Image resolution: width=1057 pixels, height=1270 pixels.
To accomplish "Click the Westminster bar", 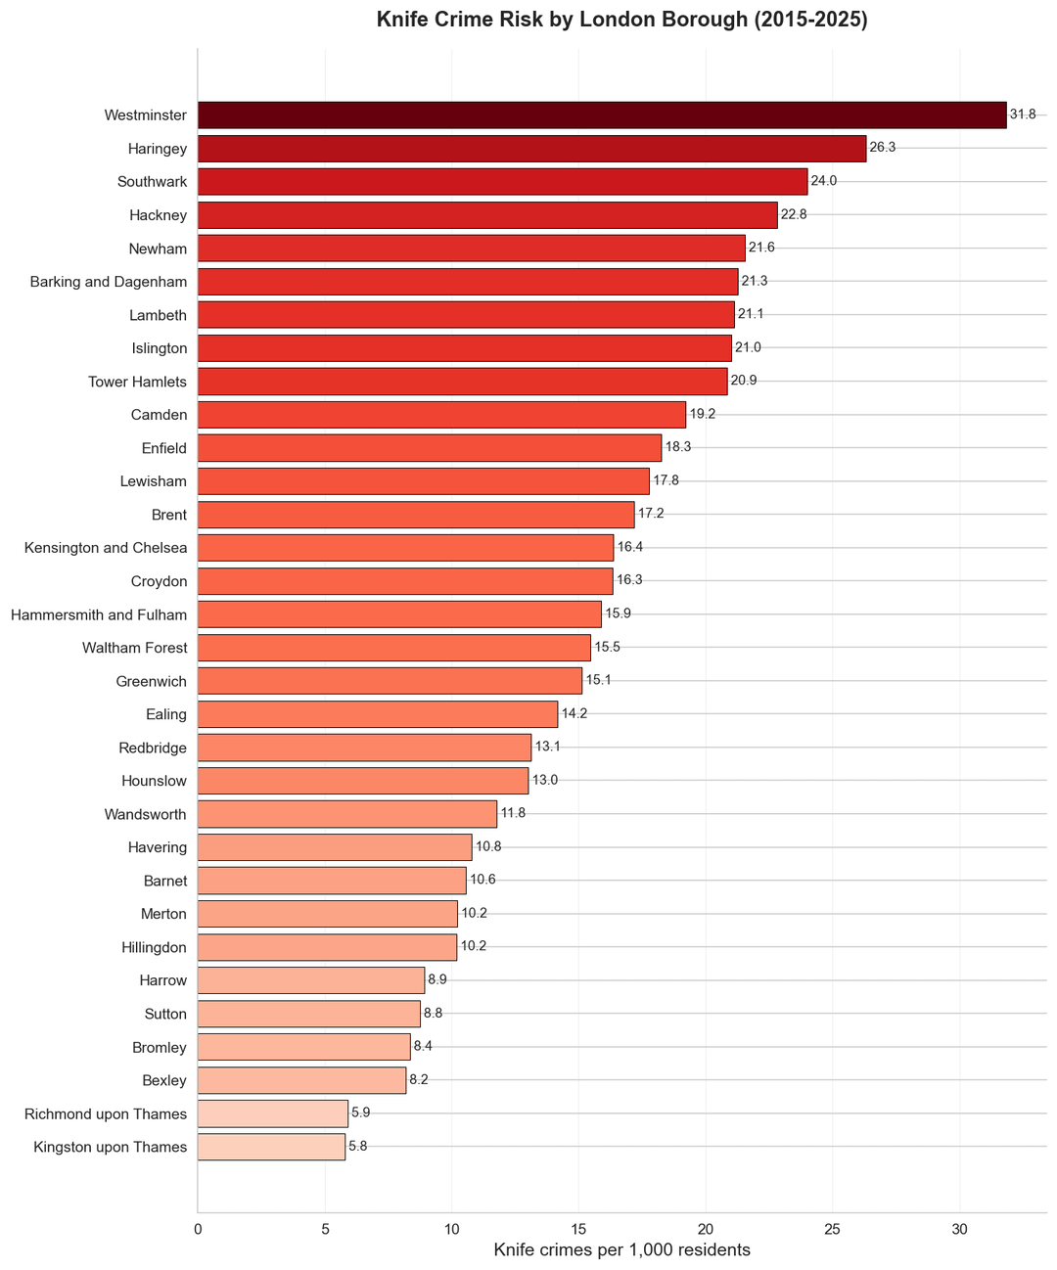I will [602, 115].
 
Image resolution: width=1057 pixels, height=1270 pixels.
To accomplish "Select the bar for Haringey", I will [531, 149].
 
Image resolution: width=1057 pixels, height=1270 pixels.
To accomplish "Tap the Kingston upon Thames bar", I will [271, 1147].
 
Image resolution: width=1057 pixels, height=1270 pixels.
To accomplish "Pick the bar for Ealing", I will [378, 714].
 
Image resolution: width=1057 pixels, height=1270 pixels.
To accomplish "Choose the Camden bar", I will [441, 415].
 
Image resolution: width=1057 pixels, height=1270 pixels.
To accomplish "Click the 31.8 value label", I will [1023, 115].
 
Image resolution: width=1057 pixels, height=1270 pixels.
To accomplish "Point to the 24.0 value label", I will [824, 182].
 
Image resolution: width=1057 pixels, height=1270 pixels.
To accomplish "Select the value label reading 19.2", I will [703, 415].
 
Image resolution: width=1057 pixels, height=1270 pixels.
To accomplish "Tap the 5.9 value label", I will [361, 1113].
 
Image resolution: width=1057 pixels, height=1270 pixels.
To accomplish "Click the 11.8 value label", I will [513, 814].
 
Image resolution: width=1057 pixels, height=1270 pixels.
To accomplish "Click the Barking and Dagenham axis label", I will [109, 282].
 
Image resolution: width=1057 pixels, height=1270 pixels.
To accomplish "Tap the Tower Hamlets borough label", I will [137, 382].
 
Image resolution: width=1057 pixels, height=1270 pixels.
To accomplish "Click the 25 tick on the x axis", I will [833, 1228].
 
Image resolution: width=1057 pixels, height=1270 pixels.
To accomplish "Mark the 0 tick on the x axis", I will [198, 1228].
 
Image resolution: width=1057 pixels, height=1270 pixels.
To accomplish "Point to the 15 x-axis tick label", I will [578, 1228].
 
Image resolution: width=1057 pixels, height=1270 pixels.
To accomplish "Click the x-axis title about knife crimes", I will [621, 1250].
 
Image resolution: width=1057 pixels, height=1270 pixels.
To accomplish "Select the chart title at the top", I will [621, 20].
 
